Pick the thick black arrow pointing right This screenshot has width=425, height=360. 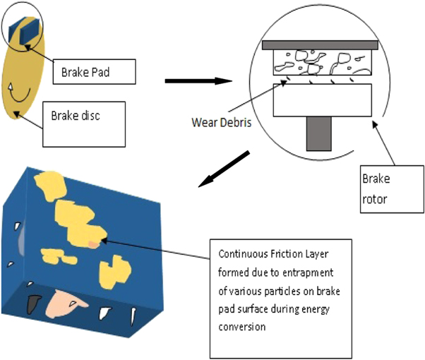(199, 80)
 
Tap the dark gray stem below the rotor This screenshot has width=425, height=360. (321, 133)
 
